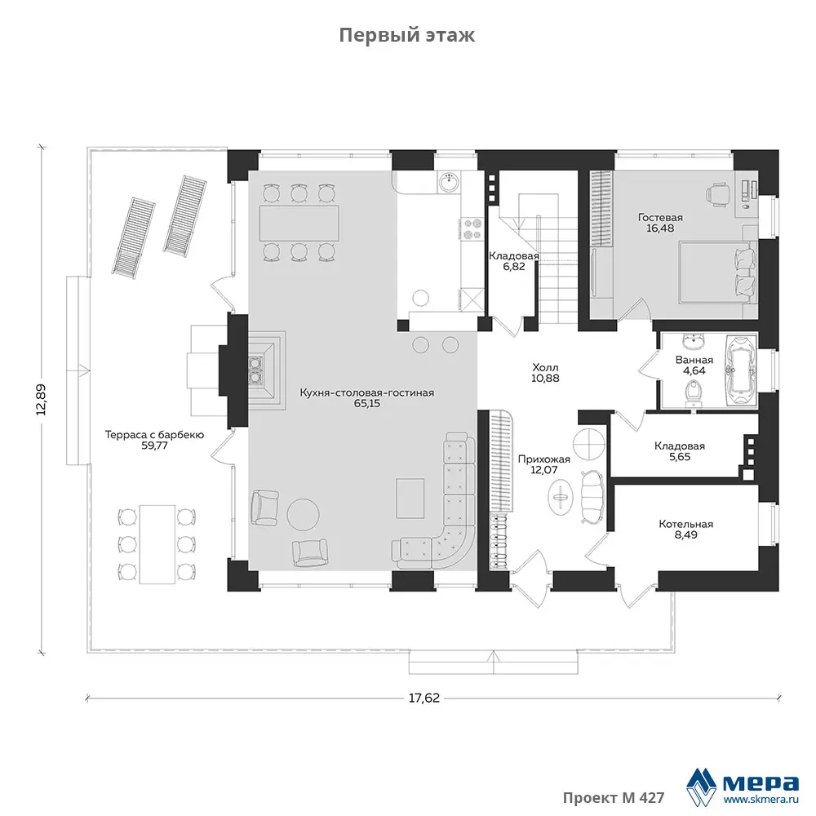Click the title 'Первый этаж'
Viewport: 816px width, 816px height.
point(407,35)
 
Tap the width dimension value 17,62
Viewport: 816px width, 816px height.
point(424,698)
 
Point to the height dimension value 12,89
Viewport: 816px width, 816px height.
point(41,400)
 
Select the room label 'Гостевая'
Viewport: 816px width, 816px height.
point(660,218)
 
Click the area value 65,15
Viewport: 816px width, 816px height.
point(367,403)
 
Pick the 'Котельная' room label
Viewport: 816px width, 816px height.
point(686,524)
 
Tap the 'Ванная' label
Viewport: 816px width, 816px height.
point(694,360)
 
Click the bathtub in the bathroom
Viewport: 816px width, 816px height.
point(740,370)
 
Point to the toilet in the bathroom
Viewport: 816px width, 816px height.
point(693,393)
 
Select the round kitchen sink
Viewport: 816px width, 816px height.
point(449,183)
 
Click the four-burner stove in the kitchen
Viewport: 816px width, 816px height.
point(472,229)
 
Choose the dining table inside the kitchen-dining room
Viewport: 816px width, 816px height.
point(299,224)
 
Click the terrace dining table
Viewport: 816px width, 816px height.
point(157,544)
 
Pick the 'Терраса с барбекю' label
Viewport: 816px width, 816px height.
point(154,435)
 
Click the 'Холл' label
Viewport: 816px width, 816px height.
point(545,367)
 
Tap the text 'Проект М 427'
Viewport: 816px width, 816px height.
point(614,798)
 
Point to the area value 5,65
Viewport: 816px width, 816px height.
point(680,457)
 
